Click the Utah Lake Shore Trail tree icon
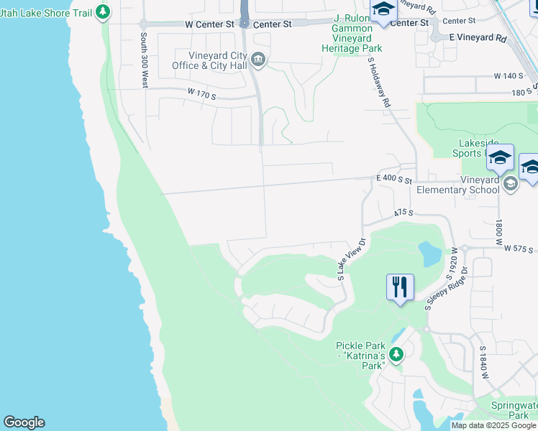pos(103,11)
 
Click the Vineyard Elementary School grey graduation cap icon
pos(511,183)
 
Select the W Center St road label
pos(210,24)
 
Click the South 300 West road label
pos(145,60)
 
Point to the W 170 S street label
pos(202,93)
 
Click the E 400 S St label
pos(393,180)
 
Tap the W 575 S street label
pos(520,249)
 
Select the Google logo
pos(24,422)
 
